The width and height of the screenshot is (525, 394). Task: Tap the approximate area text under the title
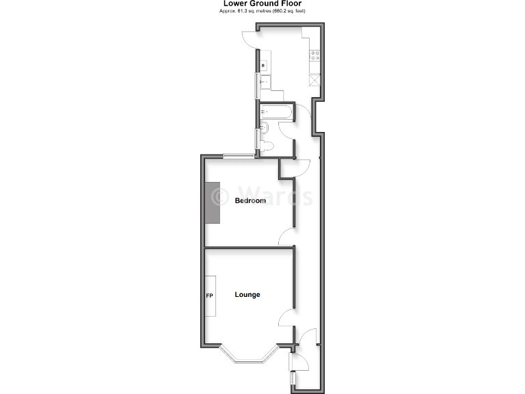tap(263, 11)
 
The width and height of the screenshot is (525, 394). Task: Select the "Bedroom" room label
tap(250, 200)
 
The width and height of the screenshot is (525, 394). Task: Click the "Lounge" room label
tap(247, 295)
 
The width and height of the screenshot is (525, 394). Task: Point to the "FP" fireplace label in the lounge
tap(210, 295)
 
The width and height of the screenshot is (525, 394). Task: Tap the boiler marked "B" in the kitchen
tap(264, 66)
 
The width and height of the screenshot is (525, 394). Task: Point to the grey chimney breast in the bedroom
tap(213, 203)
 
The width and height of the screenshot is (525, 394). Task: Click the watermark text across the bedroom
tap(263, 197)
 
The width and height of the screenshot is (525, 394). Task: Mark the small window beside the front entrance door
tap(292, 378)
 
